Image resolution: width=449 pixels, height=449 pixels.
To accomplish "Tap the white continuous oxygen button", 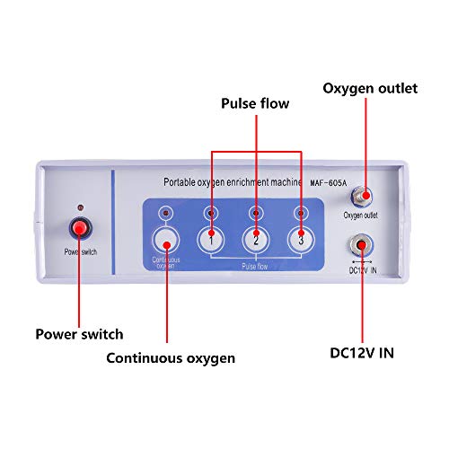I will click(165, 241).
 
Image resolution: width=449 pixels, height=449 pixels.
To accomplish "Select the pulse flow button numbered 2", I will click(256, 240).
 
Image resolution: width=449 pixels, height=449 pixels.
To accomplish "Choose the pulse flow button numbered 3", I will click(301, 240).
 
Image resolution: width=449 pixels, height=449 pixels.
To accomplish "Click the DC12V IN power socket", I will click(361, 245).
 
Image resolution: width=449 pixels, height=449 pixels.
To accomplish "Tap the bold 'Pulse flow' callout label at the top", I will click(255, 104).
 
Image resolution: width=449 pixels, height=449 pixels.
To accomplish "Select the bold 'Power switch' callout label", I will click(79, 334).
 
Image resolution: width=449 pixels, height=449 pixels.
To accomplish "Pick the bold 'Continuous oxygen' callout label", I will click(171, 357).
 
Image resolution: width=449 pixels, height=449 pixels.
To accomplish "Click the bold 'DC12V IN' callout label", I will click(362, 353).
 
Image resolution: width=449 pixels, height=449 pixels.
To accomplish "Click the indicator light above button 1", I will click(210, 212).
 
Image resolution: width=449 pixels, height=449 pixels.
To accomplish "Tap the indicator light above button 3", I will click(301, 212).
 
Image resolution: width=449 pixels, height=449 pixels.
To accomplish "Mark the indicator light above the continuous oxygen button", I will click(165, 212).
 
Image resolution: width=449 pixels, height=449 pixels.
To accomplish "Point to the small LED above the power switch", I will click(80, 206).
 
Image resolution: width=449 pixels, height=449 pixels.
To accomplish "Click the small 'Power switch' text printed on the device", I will click(80, 252).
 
